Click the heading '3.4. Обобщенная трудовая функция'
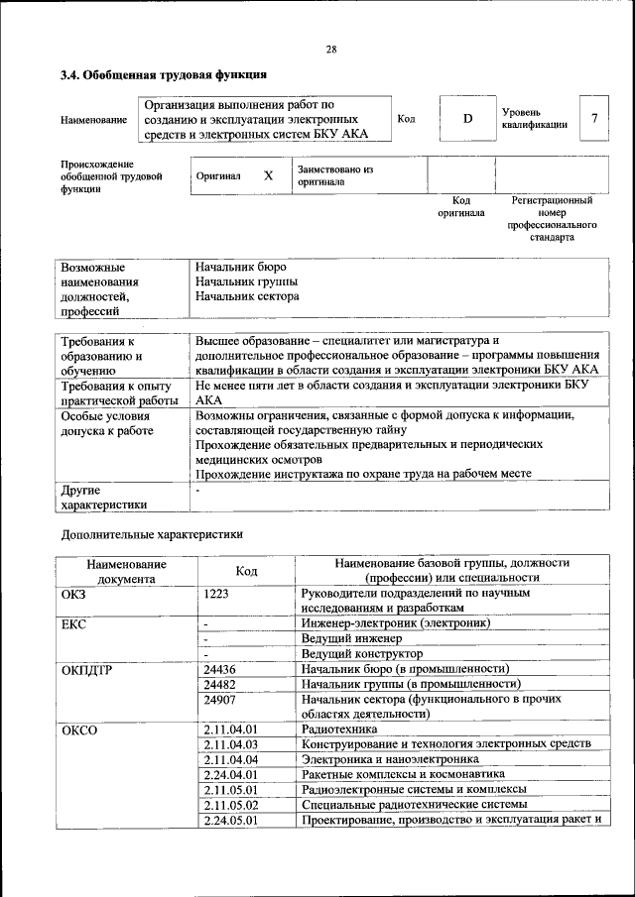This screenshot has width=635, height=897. click(164, 74)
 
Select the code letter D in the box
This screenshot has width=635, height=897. click(468, 119)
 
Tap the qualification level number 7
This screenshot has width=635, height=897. click(594, 119)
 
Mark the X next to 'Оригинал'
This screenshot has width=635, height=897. click(268, 175)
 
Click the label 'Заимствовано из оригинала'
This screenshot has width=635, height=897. click(334, 175)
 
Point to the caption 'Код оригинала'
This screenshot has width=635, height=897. click(461, 206)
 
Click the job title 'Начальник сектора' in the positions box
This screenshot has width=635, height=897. click(247, 295)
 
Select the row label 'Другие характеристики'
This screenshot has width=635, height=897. click(103, 498)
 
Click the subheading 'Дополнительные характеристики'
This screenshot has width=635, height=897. click(153, 533)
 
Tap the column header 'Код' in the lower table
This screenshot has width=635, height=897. click(246, 571)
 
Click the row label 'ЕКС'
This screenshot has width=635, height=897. click(74, 624)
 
